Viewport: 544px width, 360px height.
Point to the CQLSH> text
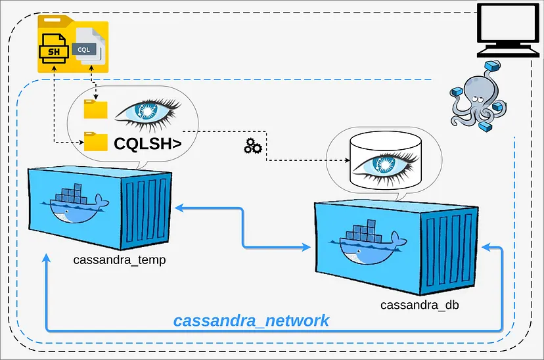point(147,143)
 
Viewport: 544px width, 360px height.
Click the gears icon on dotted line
point(253,146)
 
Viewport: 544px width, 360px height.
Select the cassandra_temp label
point(120,259)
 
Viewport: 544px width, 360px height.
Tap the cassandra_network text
point(251,321)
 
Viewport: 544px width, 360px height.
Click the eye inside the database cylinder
point(383,162)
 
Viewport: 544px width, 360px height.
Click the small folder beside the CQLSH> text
point(96,141)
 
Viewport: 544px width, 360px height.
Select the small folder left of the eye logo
point(95,109)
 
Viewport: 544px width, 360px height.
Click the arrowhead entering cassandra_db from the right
point(485,248)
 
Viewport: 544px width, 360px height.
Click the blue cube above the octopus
point(491,66)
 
